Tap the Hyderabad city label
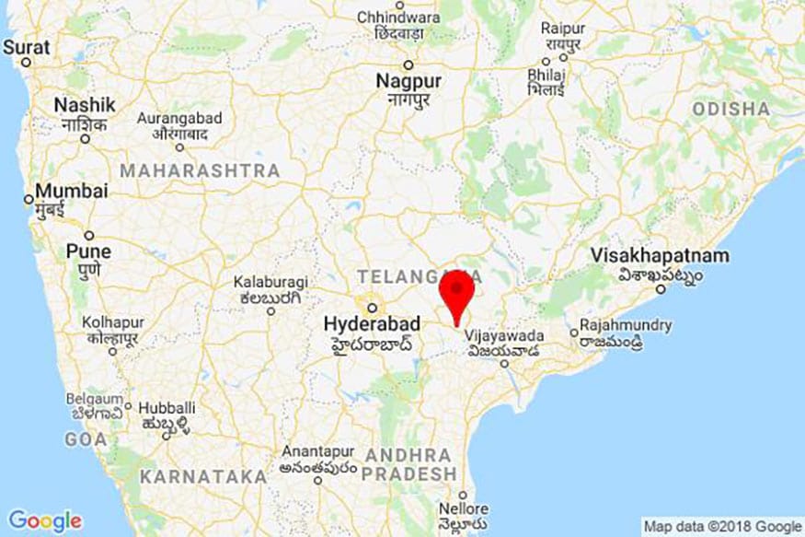[372, 324]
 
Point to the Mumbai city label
[72, 192]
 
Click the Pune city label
[88, 251]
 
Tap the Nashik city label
[85, 105]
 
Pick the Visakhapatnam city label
[660, 255]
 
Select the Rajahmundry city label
[625, 325]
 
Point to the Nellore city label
[464, 508]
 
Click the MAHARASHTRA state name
[200, 170]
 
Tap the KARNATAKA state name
[202, 476]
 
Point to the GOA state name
[86, 440]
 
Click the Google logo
[44, 520]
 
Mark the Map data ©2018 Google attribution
[722, 526]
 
